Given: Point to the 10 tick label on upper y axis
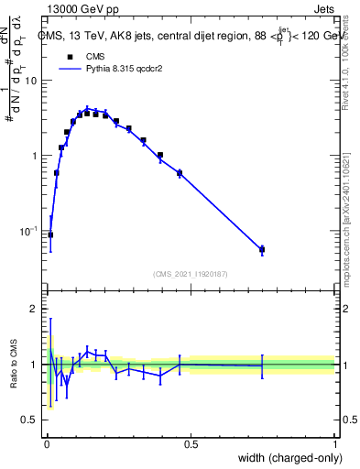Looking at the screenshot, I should pos(31,81).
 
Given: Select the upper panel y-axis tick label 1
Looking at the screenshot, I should pos(35,156).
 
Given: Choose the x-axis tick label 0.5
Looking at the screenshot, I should pos(191,444).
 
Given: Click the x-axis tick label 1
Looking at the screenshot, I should pos(334,444).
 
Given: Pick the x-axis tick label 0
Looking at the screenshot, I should pos(46,444).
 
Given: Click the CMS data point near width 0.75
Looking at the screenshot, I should pos(262,249).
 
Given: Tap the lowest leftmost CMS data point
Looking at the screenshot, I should pos(50,234).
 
